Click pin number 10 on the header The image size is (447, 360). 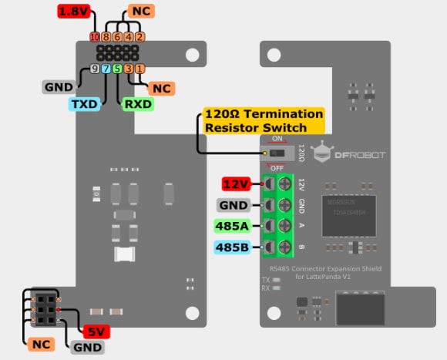[95, 37]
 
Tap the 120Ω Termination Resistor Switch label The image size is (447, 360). [262, 121]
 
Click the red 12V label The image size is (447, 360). [237, 184]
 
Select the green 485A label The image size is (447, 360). [233, 226]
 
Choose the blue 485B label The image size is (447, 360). [233, 247]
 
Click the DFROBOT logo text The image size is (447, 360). [361, 155]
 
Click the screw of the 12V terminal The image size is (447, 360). [285, 184]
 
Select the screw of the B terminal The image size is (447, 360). [285, 247]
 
